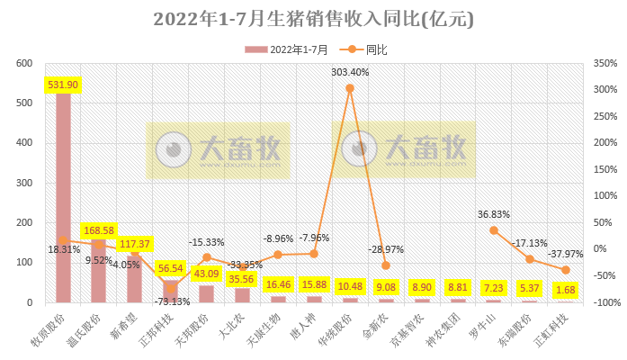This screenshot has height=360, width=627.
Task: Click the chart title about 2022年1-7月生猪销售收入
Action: tap(313, 19)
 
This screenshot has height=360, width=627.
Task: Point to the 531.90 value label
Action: tap(63, 85)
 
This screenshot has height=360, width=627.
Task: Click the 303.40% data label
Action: tap(350, 72)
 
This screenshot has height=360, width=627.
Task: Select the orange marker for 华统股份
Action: tap(350, 88)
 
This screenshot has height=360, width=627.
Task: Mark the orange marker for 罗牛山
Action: tap(494, 230)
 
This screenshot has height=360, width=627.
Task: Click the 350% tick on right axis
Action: tap(597, 64)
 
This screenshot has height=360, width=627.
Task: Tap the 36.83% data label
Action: tap(494, 214)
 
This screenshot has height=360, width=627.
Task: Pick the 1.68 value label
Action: tap(566, 290)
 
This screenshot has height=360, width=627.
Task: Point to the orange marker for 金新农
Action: tap(386, 265)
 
